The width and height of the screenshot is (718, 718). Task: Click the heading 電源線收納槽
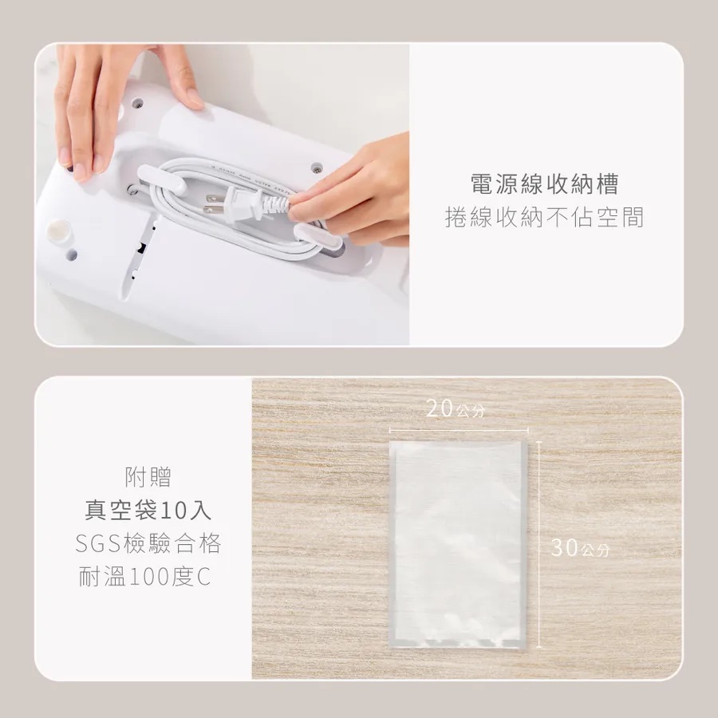click(544, 183)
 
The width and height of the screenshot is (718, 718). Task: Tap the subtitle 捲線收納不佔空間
click(544, 217)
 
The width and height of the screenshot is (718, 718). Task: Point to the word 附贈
click(148, 477)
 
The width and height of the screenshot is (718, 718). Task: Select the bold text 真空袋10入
click(148, 510)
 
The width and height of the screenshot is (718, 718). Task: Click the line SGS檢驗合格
click(148, 543)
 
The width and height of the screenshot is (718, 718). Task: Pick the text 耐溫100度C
click(145, 577)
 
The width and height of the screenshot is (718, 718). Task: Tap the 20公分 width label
click(456, 408)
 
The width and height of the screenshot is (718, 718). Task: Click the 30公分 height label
click(580, 547)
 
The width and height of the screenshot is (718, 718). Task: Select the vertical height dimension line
click(539, 545)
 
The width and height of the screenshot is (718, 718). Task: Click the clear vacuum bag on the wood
click(458, 545)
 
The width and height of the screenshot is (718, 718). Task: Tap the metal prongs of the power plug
click(213, 204)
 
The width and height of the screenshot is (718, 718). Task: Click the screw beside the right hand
click(314, 168)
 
